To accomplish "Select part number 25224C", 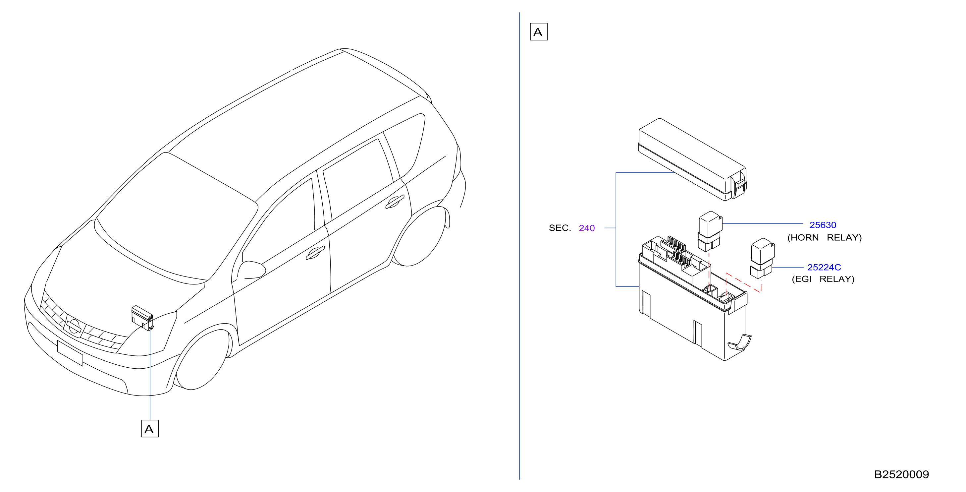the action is (x=824, y=267).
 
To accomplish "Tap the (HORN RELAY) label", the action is (x=824, y=238).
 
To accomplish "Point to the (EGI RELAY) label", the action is (x=823, y=279).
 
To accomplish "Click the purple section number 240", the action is (x=586, y=228).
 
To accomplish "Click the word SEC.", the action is (x=560, y=228).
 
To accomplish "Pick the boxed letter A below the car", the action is (x=150, y=429).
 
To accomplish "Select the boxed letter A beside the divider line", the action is (x=539, y=31).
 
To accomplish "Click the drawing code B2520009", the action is (x=901, y=474).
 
